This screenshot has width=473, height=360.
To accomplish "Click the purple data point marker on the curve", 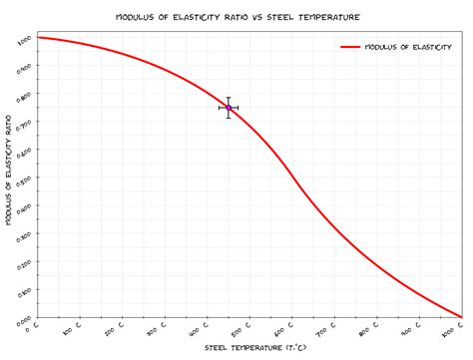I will pos(229,108).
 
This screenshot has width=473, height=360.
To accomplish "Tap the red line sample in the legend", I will pos(349,46).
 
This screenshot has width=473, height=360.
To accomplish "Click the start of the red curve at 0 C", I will pos(36,37).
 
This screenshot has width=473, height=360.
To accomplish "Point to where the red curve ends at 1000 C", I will pos(462,317).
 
